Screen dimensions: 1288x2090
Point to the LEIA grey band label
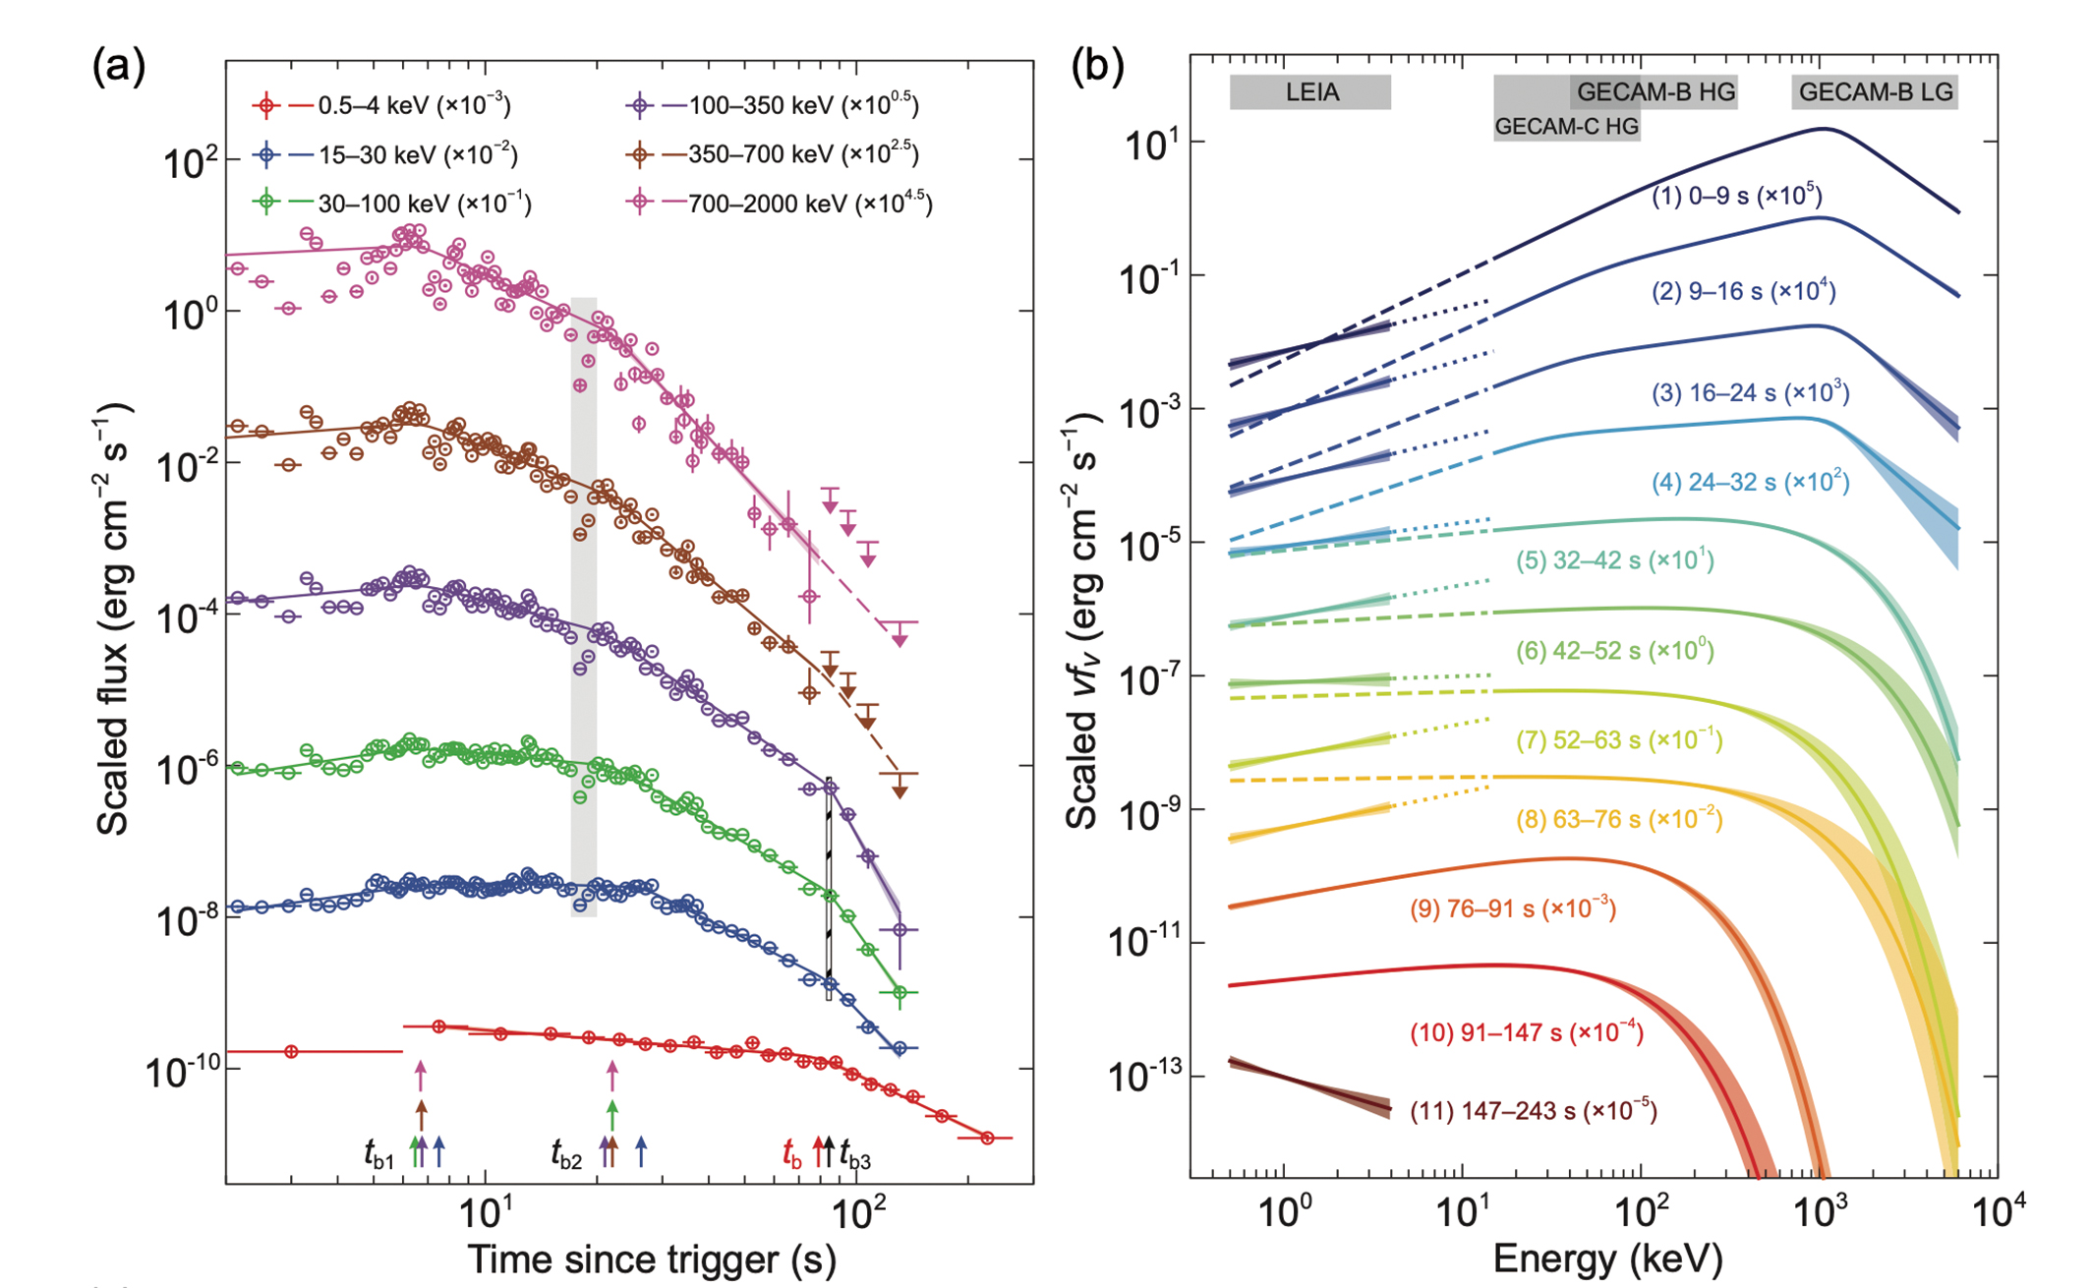[1311, 92]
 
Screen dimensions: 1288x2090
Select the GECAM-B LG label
[1875, 92]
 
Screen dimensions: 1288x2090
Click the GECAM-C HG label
[1566, 126]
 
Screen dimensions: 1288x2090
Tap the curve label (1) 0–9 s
[1736, 196]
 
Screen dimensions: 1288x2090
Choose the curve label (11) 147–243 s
[1534, 1111]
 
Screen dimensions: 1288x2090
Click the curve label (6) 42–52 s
[1614, 651]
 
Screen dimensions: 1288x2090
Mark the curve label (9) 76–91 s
[1513, 908]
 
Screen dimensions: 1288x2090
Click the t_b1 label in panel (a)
[379, 1154]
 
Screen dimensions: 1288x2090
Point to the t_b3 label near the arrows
[854, 1156]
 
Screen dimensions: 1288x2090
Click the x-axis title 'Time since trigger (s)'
[651, 1259]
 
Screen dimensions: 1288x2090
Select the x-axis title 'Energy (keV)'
[1608, 1259]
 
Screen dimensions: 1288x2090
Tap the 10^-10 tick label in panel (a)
[182, 1072]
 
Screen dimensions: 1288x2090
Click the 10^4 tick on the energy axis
[1997, 1212]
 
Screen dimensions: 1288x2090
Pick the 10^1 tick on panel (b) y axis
[1150, 144]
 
